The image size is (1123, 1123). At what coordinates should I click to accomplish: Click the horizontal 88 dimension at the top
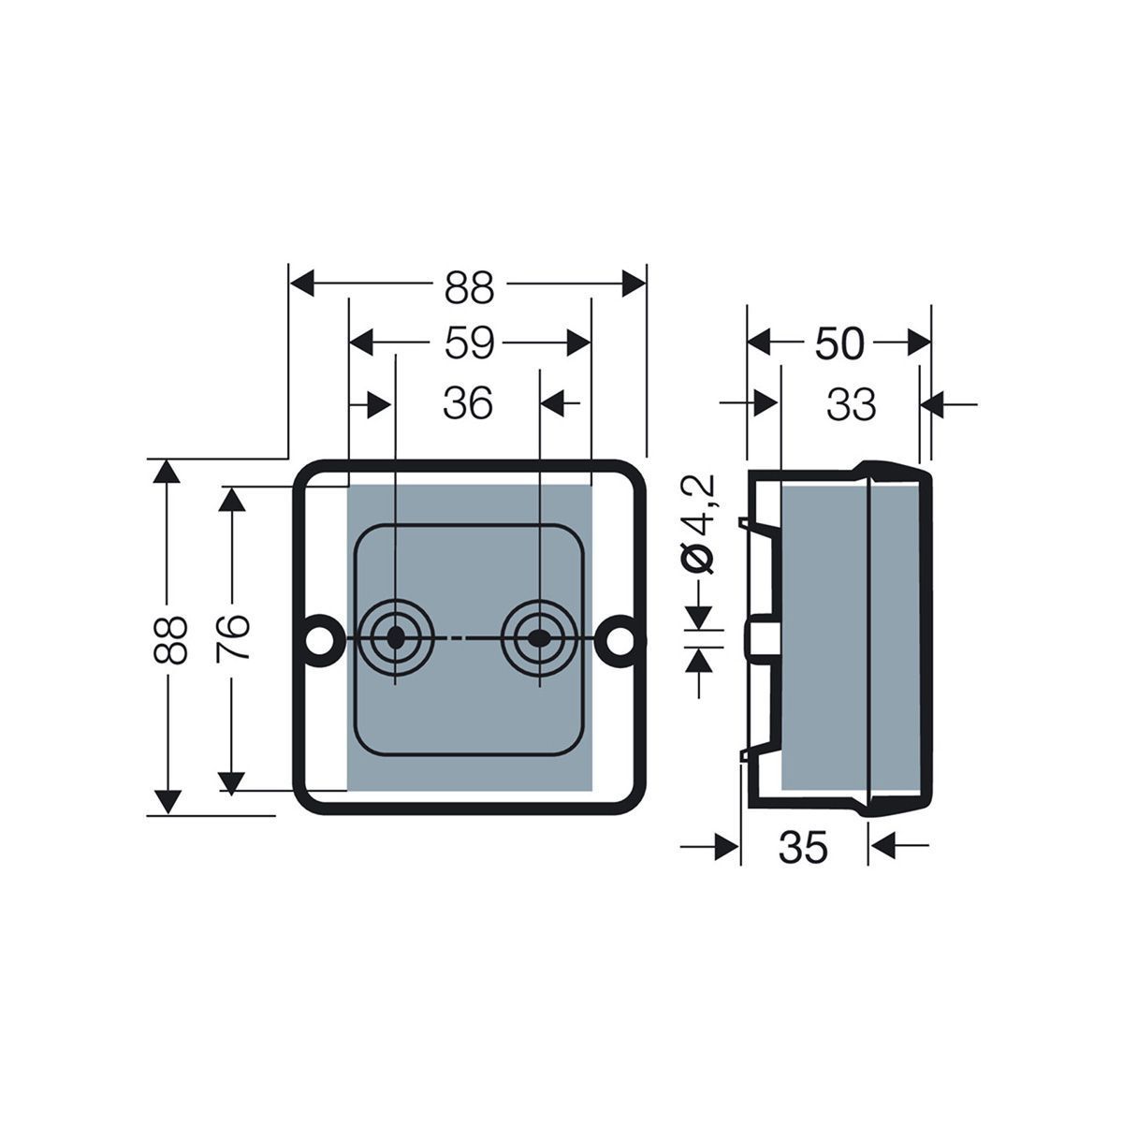469,287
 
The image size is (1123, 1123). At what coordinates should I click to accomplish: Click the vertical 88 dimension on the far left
169,640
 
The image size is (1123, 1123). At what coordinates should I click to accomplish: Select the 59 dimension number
469,343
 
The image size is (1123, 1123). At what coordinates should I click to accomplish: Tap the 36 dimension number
468,402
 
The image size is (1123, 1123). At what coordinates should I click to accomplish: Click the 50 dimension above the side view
839,343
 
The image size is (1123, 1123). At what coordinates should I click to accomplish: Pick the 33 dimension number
851,404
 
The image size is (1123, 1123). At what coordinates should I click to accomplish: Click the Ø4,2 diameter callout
696,524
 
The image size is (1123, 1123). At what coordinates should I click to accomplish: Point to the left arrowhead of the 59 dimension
361,343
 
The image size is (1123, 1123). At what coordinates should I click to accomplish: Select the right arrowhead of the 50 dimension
919,343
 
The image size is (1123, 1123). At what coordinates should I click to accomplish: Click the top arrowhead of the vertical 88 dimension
167,472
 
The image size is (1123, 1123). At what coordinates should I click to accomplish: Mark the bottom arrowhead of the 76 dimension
231,783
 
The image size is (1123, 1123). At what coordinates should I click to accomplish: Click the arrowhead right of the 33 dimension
932,404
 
